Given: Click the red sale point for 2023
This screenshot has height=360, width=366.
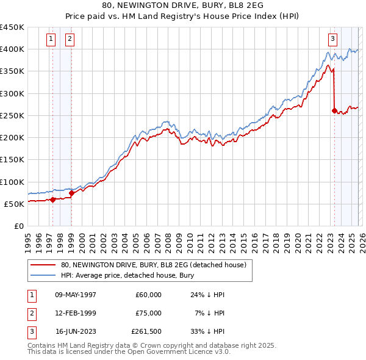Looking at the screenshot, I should click(x=334, y=110).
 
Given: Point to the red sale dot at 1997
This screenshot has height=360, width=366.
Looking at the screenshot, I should click(x=53, y=199).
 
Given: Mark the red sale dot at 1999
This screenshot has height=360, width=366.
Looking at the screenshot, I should click(x=72, y=193).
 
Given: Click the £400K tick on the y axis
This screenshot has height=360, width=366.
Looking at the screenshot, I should click(x=12, y=49).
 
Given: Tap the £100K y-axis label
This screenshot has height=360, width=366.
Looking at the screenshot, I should click(x=12, y=182).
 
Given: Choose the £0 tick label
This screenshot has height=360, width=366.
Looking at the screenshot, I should click(x=18, y=226).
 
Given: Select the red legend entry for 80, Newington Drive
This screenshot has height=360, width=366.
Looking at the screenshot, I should click(x=153, y=265).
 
